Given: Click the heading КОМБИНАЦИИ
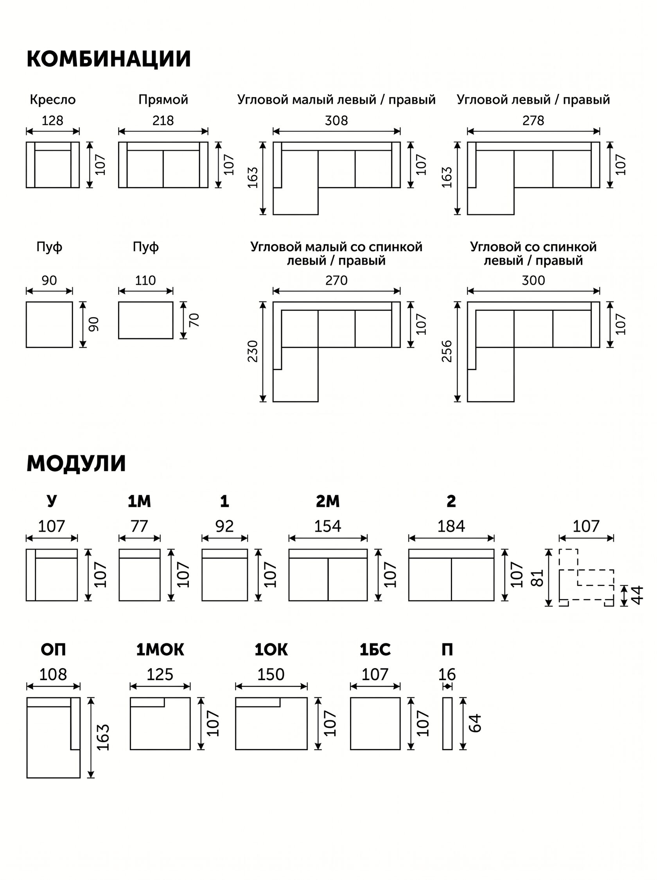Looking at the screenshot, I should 109,59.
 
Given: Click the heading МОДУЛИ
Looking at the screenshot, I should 76,463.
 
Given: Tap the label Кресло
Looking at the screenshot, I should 52,99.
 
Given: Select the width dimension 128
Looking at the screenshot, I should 52,120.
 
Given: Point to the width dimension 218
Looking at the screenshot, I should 163,120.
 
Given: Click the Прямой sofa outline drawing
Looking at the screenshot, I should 163,165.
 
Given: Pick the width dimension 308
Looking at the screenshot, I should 336,120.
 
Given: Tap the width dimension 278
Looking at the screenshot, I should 533,120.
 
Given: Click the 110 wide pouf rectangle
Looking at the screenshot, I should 145,320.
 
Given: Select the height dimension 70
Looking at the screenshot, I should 194,320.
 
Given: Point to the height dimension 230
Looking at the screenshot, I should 253,351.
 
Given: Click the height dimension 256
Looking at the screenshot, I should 447,351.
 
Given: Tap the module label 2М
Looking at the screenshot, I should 328,502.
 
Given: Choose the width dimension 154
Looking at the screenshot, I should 328,526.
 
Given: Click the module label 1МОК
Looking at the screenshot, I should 160,650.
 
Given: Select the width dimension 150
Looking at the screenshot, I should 271,674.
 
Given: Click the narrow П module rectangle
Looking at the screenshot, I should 447,723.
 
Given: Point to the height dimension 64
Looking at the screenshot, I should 475,723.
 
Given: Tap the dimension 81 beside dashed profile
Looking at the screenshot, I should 537,578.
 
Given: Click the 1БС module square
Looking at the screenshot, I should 375,723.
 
